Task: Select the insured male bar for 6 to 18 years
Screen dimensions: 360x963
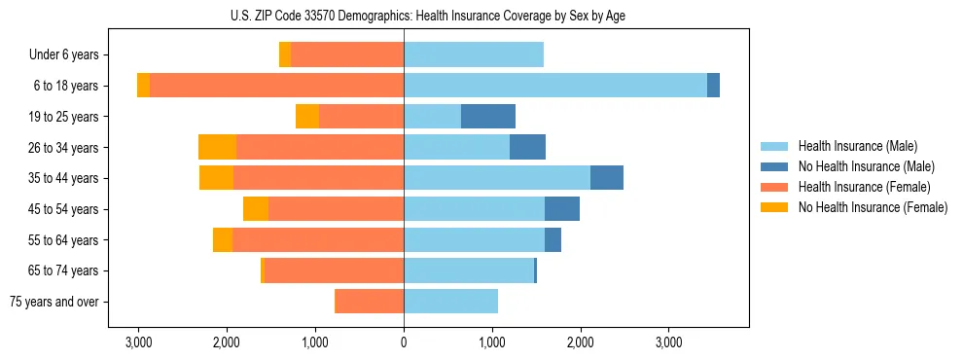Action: click(x=554, y=86)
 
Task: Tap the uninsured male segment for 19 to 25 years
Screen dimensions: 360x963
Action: click(x=487, y=117)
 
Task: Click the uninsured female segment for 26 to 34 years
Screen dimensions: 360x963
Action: click(x=217, y=147)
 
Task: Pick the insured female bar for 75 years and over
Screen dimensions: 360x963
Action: click(x=369, y=302)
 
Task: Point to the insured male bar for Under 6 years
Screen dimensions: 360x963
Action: click(x=473, y=55)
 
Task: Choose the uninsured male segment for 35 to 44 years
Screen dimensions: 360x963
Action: click(x=606, y=178)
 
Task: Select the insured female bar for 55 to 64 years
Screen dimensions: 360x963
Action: click(x=318, y=239)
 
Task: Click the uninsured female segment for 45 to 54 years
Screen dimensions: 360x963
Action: click(x=256, y=209)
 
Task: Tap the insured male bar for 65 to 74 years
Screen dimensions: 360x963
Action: click(x=468, y=270)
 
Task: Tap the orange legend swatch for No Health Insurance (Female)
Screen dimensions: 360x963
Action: click(x=775, y=207)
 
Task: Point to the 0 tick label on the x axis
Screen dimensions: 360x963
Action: click(x=404, y=343)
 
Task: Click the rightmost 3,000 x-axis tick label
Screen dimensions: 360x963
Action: click(x=668, y=343)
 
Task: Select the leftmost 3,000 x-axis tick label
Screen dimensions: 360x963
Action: click(x=138, y=343)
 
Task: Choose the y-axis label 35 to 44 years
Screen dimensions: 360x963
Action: click(x=65, y=178)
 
